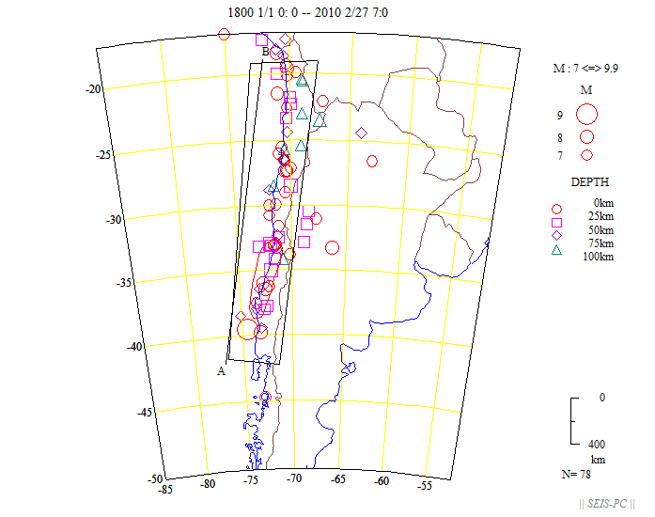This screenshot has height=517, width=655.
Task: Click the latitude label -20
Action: (93, 89)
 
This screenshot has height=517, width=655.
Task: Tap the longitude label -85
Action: (165, 488)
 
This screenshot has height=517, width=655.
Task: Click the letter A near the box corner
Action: (222, 370)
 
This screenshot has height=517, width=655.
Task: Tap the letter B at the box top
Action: (266, 51)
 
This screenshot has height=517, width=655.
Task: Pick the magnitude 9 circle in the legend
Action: (587, 115)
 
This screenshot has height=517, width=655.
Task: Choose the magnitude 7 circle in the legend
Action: (586, 154)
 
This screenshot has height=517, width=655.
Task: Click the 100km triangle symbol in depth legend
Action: (556, 249)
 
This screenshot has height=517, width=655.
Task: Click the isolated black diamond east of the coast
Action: (362, 133)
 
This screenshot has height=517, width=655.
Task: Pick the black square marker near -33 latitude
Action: (304, 242)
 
